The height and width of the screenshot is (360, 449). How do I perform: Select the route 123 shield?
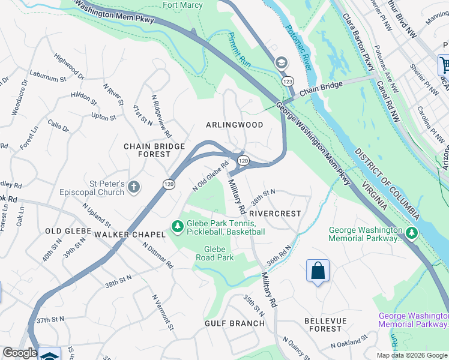(288, 80)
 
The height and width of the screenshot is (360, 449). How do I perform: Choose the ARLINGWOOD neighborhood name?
(234, 125)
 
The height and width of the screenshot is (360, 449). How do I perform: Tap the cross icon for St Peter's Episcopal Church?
(133, 187)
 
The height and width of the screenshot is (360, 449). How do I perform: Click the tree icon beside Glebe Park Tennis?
(177, 226)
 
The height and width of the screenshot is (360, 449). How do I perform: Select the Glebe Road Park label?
(214, 253)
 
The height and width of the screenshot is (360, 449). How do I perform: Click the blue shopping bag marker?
(318, 271)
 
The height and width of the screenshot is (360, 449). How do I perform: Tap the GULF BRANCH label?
(235, 323)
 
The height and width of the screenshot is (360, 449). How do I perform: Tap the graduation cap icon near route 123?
(280, 62)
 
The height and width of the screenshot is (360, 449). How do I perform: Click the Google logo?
(20, 353)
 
